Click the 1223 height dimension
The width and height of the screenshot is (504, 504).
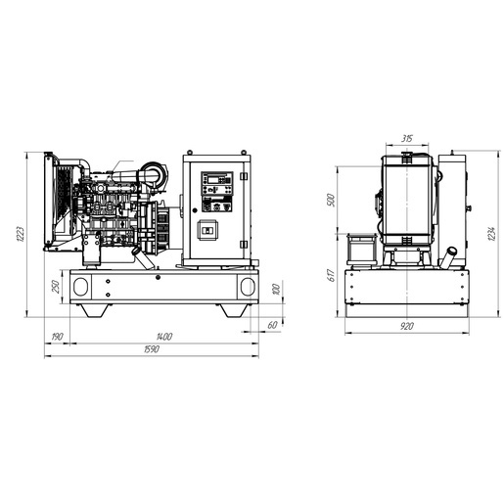21,234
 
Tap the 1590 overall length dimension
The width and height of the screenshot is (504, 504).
152,349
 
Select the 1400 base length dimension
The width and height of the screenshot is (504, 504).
164,337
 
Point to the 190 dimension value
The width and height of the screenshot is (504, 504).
58,337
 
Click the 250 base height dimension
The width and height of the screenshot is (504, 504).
56,287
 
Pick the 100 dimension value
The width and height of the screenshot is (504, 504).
276,289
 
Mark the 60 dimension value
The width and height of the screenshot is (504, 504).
272,325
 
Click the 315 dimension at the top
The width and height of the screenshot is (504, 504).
407,139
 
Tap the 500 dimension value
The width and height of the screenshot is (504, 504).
331,200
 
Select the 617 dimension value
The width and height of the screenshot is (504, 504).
331,275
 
